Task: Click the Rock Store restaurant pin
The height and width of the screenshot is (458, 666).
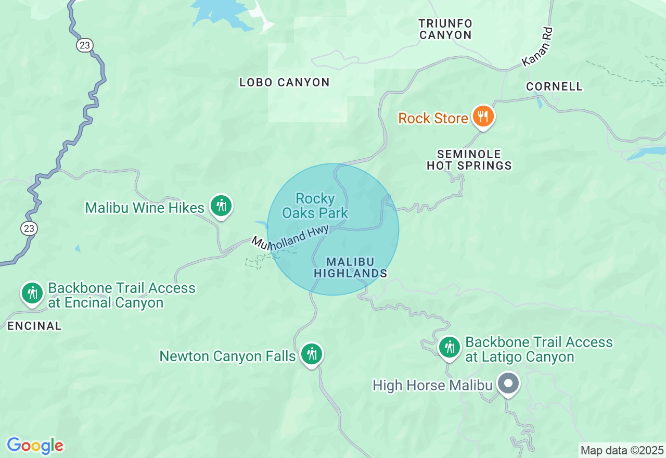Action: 483,117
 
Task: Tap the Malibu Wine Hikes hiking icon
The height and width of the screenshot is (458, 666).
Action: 221,206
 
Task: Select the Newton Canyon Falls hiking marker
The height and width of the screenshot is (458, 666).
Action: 311,354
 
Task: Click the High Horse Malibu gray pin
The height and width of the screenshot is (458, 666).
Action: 508,384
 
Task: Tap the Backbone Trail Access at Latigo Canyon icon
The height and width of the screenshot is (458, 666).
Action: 449,347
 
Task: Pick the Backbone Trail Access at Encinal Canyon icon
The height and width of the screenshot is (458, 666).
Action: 32,293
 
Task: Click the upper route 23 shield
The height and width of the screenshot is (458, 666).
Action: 84,45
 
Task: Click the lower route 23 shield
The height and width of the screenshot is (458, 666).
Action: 29,228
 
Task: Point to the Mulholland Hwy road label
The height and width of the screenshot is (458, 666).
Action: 290,239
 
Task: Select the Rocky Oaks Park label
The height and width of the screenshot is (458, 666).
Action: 315,206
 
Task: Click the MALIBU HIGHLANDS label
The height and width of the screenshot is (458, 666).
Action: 351,268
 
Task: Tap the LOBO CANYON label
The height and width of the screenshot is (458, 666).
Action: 284,82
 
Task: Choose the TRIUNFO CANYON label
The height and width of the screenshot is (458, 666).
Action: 445,30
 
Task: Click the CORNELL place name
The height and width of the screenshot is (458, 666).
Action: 554,86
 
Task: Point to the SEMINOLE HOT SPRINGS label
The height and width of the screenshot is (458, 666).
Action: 469,160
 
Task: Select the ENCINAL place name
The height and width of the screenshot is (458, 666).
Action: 34,326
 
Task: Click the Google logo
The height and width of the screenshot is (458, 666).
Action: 35,446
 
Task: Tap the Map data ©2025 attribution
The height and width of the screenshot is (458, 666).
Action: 622,450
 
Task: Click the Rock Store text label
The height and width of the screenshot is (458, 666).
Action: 433,118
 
